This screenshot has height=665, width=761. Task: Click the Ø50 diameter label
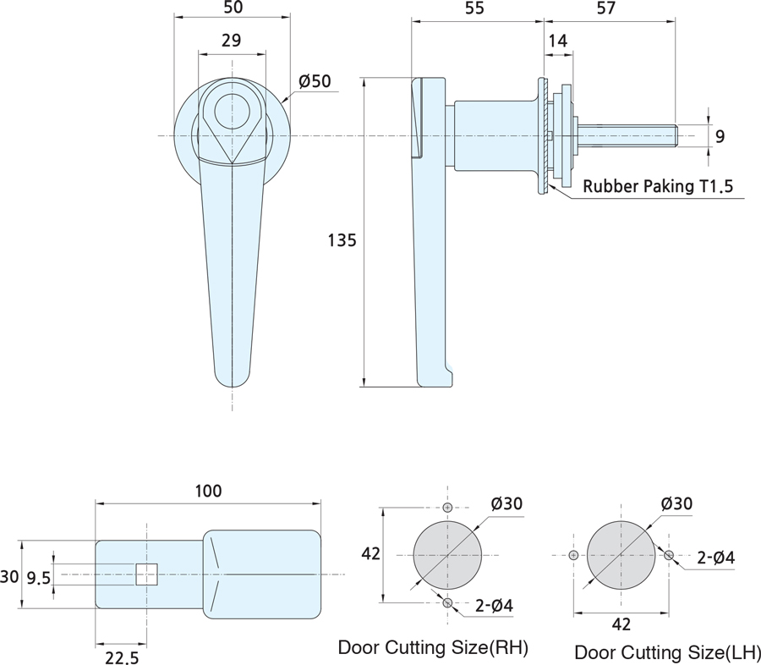point(315,81)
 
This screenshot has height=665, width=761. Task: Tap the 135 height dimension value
point(342,240)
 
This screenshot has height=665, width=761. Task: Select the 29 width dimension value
point(232,41)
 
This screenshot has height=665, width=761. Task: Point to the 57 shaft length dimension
point(606,8)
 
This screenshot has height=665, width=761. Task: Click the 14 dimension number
point(558,41)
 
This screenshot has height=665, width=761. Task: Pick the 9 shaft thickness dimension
point(720,136)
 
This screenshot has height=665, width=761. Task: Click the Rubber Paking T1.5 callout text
point(658,186)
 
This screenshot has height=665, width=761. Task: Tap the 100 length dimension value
point(208,491)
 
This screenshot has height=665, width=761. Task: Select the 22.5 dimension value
point(122,657)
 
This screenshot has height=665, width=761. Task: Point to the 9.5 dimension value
point(38,578)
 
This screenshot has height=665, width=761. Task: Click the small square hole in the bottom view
point(146,574)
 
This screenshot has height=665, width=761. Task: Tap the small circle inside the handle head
point(232,110)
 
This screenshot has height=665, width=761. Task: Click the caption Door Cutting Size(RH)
point(433,647)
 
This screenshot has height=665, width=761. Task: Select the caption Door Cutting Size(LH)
point(667,652)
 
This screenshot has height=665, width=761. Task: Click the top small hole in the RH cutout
point(447,508)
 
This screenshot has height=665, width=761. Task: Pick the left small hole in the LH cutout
point(573,555)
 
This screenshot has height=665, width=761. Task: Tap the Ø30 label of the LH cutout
point(676,503)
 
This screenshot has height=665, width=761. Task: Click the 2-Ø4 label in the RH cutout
point(494,605)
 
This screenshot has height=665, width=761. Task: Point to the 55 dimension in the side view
point(474,8)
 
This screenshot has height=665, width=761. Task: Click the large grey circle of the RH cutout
point(447,555)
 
